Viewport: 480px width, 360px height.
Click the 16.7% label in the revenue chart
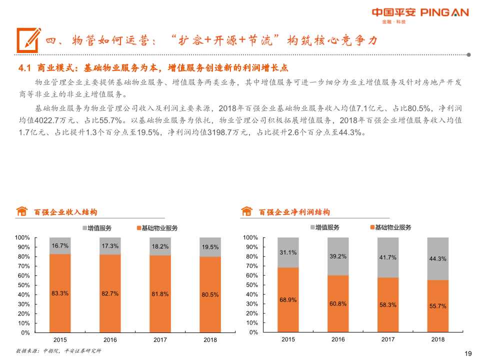[60, 246]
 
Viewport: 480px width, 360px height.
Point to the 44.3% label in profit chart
[437, 259]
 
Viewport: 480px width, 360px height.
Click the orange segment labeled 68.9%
[288, 300]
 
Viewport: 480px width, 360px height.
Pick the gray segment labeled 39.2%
[338, 256]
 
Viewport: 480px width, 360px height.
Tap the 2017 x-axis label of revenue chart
[160, 340]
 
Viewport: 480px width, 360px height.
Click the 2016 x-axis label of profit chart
[338, 339]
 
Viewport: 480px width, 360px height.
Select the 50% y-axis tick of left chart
[23, 285]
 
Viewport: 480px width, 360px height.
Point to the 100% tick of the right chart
[250, 237]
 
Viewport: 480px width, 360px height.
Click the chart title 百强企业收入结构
[65, 212]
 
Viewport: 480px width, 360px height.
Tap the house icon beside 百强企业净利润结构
[246, 211]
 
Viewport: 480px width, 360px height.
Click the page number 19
[468, 353]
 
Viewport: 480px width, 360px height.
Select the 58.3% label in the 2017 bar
[388, 304]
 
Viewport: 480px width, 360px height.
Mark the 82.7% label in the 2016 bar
[110, 294]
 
